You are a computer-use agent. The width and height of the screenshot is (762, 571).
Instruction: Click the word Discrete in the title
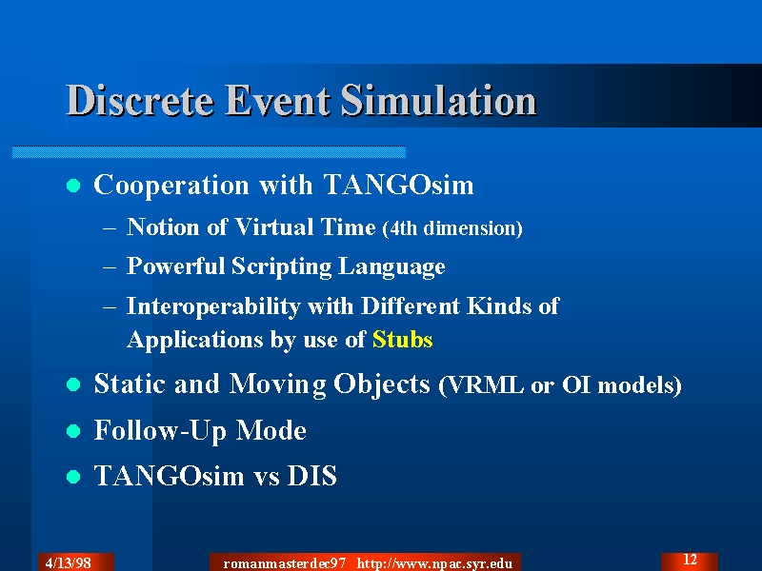(x=139, y=100)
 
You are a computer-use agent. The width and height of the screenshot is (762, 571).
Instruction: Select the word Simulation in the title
(x=438, y=100)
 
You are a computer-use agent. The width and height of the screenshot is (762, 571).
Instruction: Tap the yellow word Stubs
(x=402, y=340)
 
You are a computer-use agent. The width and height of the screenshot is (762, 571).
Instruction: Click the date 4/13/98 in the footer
(x=68, y=562)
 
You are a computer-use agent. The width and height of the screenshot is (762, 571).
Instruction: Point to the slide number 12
(x=690, y=560)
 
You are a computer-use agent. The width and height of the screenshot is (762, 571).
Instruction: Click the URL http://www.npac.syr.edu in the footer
(x=435, y=563)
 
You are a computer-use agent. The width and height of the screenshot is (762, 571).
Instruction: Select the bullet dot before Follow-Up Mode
(x=73, y=431)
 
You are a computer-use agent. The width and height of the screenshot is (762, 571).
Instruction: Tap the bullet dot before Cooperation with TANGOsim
(x=73, y=186)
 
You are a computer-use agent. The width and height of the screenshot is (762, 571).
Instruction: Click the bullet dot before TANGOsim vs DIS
(x=73, y=477)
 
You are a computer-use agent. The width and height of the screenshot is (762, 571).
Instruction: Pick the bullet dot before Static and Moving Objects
(x=73, y=384)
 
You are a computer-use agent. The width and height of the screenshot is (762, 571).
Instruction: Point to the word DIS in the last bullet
(x=312, y=475)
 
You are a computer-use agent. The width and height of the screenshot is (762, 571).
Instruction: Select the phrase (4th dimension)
(x=452, y=228)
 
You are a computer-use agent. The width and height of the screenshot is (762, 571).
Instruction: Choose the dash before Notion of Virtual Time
(x=110, y=227)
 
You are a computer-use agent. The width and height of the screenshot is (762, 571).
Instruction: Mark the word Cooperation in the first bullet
(x=171, y=186)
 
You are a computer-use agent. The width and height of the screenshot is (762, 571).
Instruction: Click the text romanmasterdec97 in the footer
(x=284, y=563)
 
